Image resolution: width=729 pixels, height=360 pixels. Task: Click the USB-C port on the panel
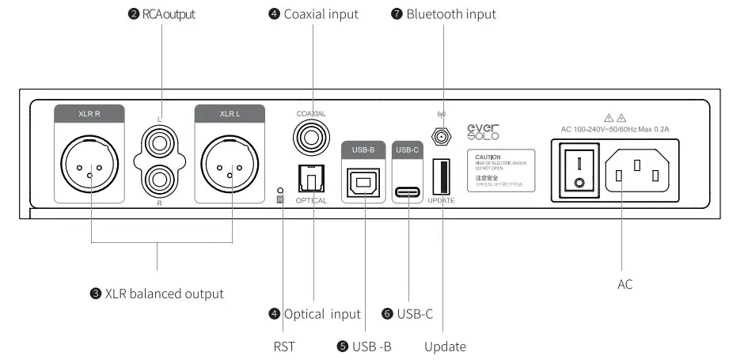tap(409, 191)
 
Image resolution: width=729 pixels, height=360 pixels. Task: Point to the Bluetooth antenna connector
tap(442, 137)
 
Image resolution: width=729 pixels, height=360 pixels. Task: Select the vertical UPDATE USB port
tap(442, 175)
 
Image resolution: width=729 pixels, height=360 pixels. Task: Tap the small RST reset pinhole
tap(281, 190)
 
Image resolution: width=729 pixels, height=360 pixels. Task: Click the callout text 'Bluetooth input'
tap(450, 14)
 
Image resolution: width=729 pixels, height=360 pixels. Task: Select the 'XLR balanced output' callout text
tap(163, 294)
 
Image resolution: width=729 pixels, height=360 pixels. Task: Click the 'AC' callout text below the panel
tap(625, 284)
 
